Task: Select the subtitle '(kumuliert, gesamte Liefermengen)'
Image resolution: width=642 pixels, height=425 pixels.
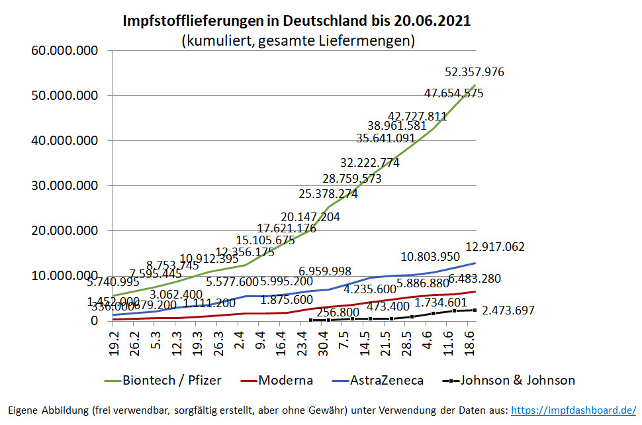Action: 297,41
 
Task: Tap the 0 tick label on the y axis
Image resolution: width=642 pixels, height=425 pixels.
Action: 94,321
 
